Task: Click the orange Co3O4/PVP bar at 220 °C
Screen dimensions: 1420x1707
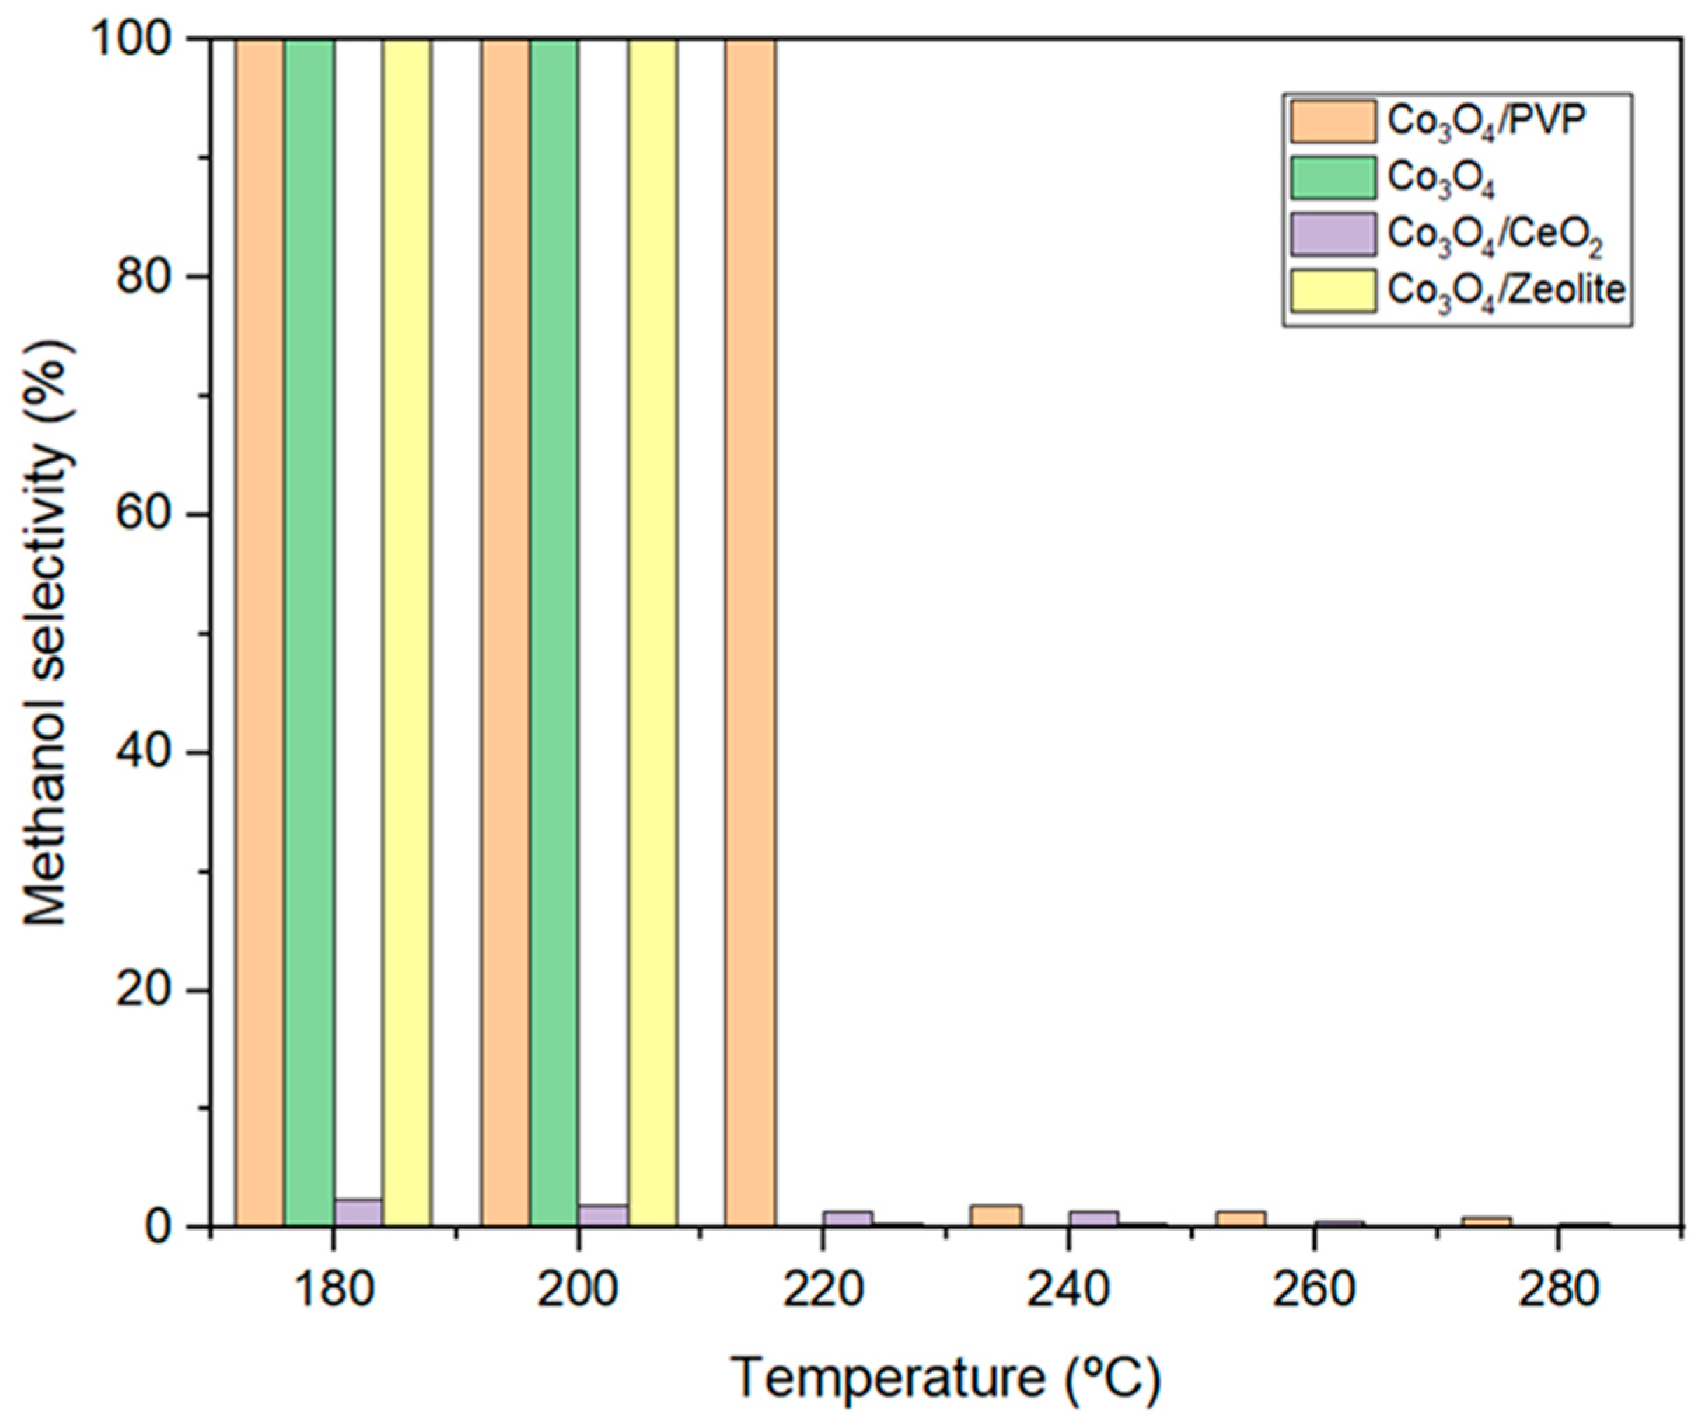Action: [x=749, y=634]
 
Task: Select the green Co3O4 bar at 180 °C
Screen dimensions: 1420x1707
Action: [x=309, y=634]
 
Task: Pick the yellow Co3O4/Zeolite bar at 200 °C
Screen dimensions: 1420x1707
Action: [x=652, y=634]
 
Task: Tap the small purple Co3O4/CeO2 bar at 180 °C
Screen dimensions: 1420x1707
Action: [x=358, y=1213]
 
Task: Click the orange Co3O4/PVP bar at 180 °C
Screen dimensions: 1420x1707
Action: [x=259, y=634]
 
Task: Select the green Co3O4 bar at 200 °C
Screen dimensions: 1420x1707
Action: [x=553, y=634]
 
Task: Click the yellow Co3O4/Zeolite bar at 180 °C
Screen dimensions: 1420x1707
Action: [x=406, y=634]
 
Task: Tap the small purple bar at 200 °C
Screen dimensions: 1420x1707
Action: [x=603, y=1215]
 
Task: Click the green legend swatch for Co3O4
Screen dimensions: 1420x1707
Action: [x=1333, y=178]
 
